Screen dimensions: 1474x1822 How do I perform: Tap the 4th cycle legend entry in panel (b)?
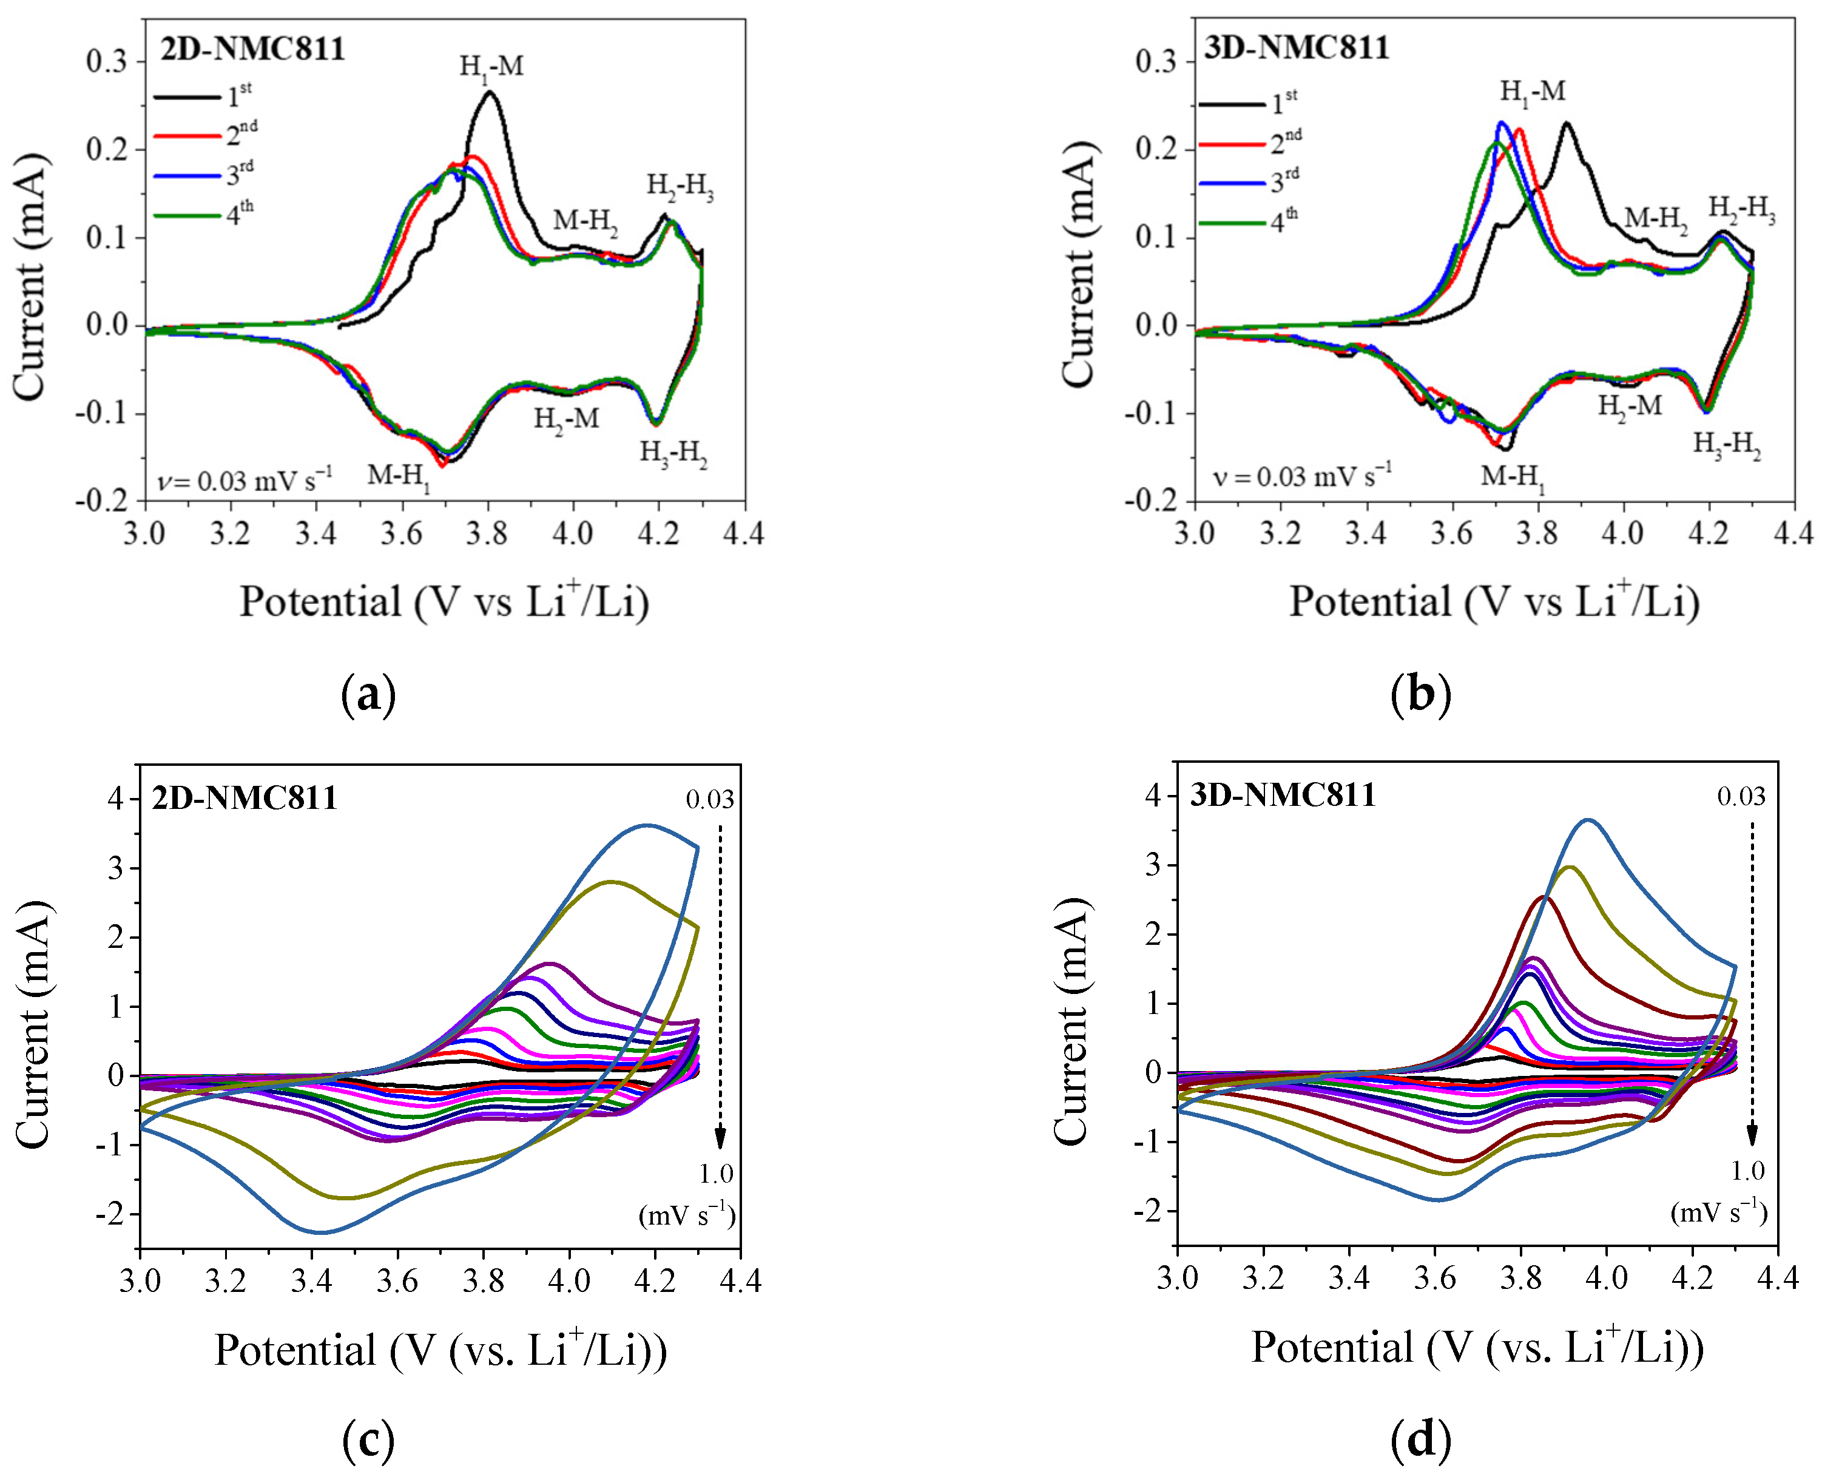coord(1248,223)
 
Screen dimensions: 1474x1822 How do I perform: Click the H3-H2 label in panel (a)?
coord(673,455)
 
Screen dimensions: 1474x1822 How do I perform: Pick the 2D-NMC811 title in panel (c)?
coord(245,798)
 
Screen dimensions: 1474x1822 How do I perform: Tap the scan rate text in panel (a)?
coord(245,481)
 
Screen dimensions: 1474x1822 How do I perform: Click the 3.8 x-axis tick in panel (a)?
coord(487,534)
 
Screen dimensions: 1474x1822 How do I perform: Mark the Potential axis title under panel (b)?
coord(1494,601)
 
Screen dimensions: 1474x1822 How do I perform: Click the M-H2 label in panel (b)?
coord(1656,219)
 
